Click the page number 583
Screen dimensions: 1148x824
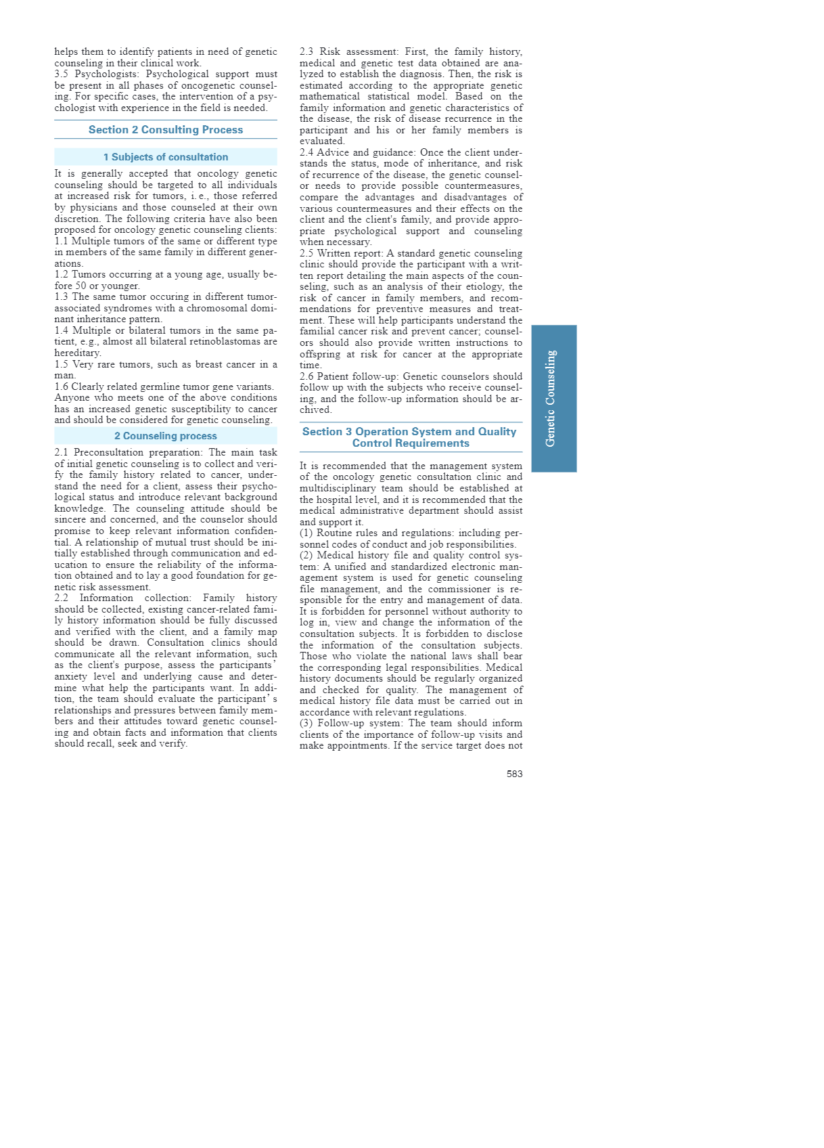[514, 774]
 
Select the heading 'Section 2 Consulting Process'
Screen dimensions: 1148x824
[166, 130]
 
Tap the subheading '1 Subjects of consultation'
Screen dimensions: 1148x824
[166, 157]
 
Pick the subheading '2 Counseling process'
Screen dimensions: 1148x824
[166, 436]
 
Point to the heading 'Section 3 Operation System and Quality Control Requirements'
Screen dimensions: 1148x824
[410, 437]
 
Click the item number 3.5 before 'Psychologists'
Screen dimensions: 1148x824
[62, 74]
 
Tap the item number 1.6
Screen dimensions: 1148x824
[62, 387]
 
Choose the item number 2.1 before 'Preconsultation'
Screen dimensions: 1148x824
[62, 453]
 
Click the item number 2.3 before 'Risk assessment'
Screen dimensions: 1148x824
[306, 52]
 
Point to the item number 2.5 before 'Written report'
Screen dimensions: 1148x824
[306, 254]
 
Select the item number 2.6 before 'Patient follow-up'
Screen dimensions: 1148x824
[306, 377]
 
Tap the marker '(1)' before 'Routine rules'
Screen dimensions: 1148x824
[306, 533]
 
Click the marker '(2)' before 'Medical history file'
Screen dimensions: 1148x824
[306, 556]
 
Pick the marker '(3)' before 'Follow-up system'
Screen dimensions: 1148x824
[306, 724]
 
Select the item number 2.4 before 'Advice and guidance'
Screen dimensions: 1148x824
[306, 153]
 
